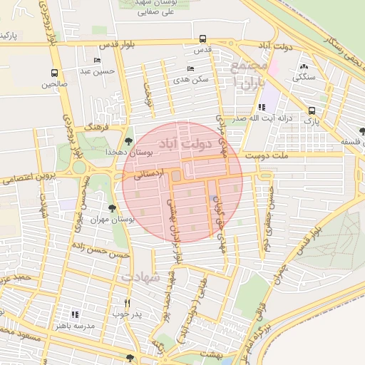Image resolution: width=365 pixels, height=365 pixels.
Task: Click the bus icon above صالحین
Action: click(54, 73)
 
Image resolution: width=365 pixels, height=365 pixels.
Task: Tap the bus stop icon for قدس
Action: click(203, 39)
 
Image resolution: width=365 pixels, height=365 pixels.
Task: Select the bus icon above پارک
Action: click(312, 110)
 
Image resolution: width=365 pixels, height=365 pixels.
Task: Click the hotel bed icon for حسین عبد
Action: click(97, 60)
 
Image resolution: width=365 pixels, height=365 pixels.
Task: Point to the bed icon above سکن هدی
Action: click(190, 68)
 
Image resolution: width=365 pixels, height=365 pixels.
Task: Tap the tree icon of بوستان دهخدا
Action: click(128, 140)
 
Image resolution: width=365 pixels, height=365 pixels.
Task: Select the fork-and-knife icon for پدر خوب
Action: click(128, 302)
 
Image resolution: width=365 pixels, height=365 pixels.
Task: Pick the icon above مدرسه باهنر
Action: click(75, 314)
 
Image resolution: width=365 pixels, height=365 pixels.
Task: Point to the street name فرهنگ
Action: click(96, 125)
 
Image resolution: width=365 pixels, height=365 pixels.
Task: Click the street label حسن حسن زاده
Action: click(105, 253)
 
